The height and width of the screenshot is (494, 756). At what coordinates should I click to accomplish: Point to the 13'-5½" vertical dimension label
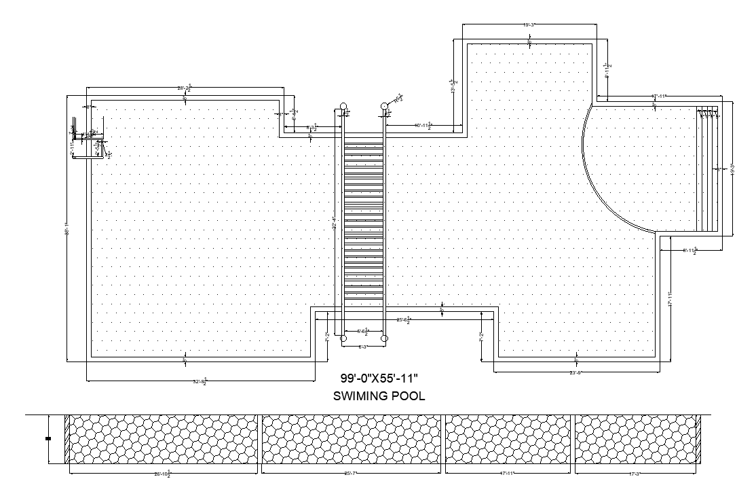pos(453,86)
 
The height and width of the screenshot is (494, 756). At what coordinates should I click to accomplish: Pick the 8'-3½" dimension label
pos(313,127)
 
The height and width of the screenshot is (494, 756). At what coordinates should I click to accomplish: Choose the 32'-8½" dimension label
pos(200,383)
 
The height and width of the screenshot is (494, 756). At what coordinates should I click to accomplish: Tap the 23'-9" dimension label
pos(576,372)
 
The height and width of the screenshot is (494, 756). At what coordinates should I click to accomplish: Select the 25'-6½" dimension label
pos(404,319)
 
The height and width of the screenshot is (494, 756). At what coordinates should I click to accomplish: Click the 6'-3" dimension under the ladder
pos(364,347)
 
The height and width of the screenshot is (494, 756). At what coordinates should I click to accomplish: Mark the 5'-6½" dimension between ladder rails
pos(364,332)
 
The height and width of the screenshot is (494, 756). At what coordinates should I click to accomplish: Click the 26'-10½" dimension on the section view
pos(163,474)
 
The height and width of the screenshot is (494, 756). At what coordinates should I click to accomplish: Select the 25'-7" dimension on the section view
pos(351,473)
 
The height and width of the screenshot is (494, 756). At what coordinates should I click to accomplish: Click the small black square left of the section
pos(48,439)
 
